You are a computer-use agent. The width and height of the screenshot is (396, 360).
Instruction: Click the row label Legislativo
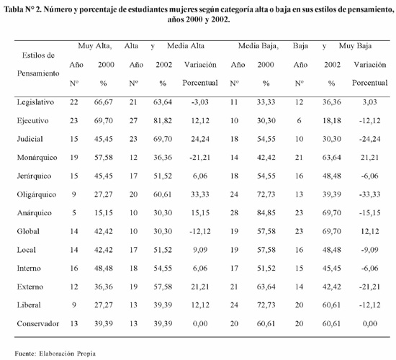[x=35, y=102]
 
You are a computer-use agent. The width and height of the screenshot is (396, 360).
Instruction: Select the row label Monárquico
[x=37, y=158]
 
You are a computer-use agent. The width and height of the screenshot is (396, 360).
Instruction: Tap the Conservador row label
[x=38, y=323]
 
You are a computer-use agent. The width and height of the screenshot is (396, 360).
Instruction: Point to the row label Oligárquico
[x=37, y=194]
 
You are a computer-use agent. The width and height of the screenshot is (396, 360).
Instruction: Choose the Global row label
[x=28, y=231]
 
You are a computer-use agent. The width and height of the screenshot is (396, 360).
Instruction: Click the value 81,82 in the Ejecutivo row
[x=163, y=121]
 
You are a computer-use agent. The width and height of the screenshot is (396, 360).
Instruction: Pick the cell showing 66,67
[x=103, y=102]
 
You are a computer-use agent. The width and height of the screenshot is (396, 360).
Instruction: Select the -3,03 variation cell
[x=199, y=102]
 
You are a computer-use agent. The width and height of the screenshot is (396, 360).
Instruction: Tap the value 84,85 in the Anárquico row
[x=266, y=213]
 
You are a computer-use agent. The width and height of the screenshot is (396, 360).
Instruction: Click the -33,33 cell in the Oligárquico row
[x=370, y=194]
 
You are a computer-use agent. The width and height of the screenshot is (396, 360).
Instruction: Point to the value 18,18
[x=332, y=121]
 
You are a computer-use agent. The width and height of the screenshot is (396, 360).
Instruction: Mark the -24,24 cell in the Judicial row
[x=370, y=139]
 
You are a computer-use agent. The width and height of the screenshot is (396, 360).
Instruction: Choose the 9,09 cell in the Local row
[x=200, y=250]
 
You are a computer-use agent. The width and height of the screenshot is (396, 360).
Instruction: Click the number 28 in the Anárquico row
[x=234, y=213]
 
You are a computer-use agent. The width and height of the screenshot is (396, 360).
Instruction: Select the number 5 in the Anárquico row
[x=74, y=213]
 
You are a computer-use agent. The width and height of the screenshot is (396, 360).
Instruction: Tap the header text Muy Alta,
[x=95, y=46]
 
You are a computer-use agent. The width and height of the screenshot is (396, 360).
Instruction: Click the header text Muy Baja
[x=355, y=46]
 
